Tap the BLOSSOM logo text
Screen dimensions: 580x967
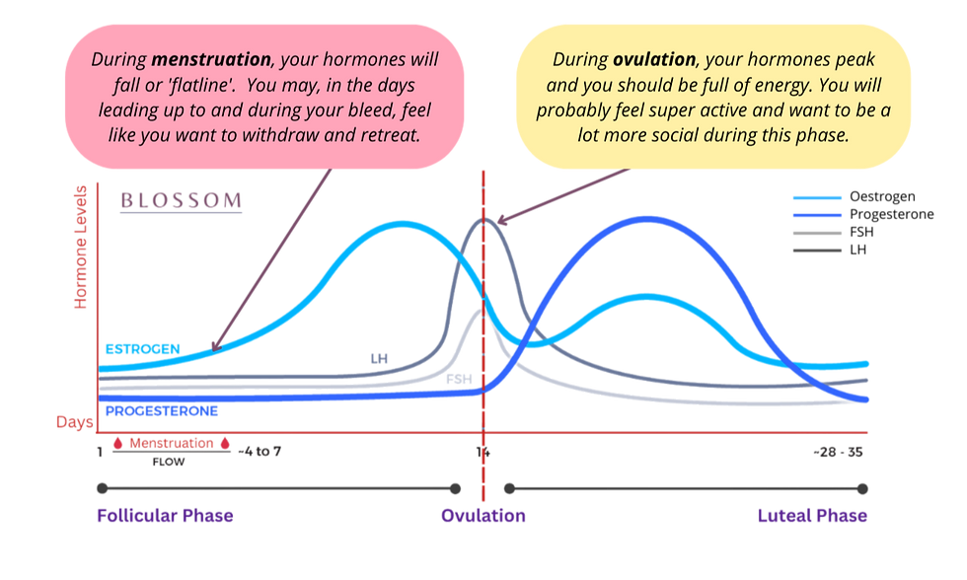181,201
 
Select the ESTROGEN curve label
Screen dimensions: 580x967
142,348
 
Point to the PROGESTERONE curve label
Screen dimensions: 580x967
162,409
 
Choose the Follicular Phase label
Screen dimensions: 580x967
165,516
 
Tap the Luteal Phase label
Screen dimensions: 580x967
812,516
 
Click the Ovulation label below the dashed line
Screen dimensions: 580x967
483,516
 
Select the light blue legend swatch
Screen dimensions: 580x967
817,197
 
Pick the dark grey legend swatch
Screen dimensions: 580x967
817,251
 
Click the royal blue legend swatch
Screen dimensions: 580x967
817,215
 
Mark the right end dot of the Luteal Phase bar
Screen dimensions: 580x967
864,486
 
